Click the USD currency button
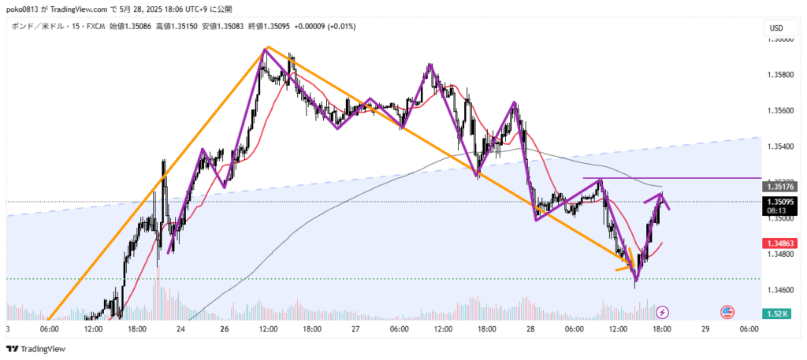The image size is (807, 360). pyautogui.click(x=777, y=28)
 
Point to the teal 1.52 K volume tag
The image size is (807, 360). pyautogui.click(x=777, y=314)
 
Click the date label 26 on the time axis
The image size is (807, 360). pyautogui.click(x=225, y=328)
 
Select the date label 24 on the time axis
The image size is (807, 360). pyautogui.click(x=180, y=328)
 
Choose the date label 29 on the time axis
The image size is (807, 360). pyautogui.click(x=705, y=328)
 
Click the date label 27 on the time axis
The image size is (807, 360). pyautogui.click(x=355, y=328)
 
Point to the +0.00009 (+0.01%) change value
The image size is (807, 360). pyautogui.click(x=325, y=26)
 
